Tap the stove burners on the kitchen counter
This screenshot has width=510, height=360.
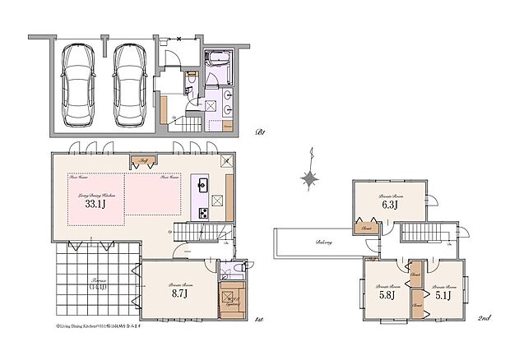200,213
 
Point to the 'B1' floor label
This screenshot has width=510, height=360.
260,132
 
